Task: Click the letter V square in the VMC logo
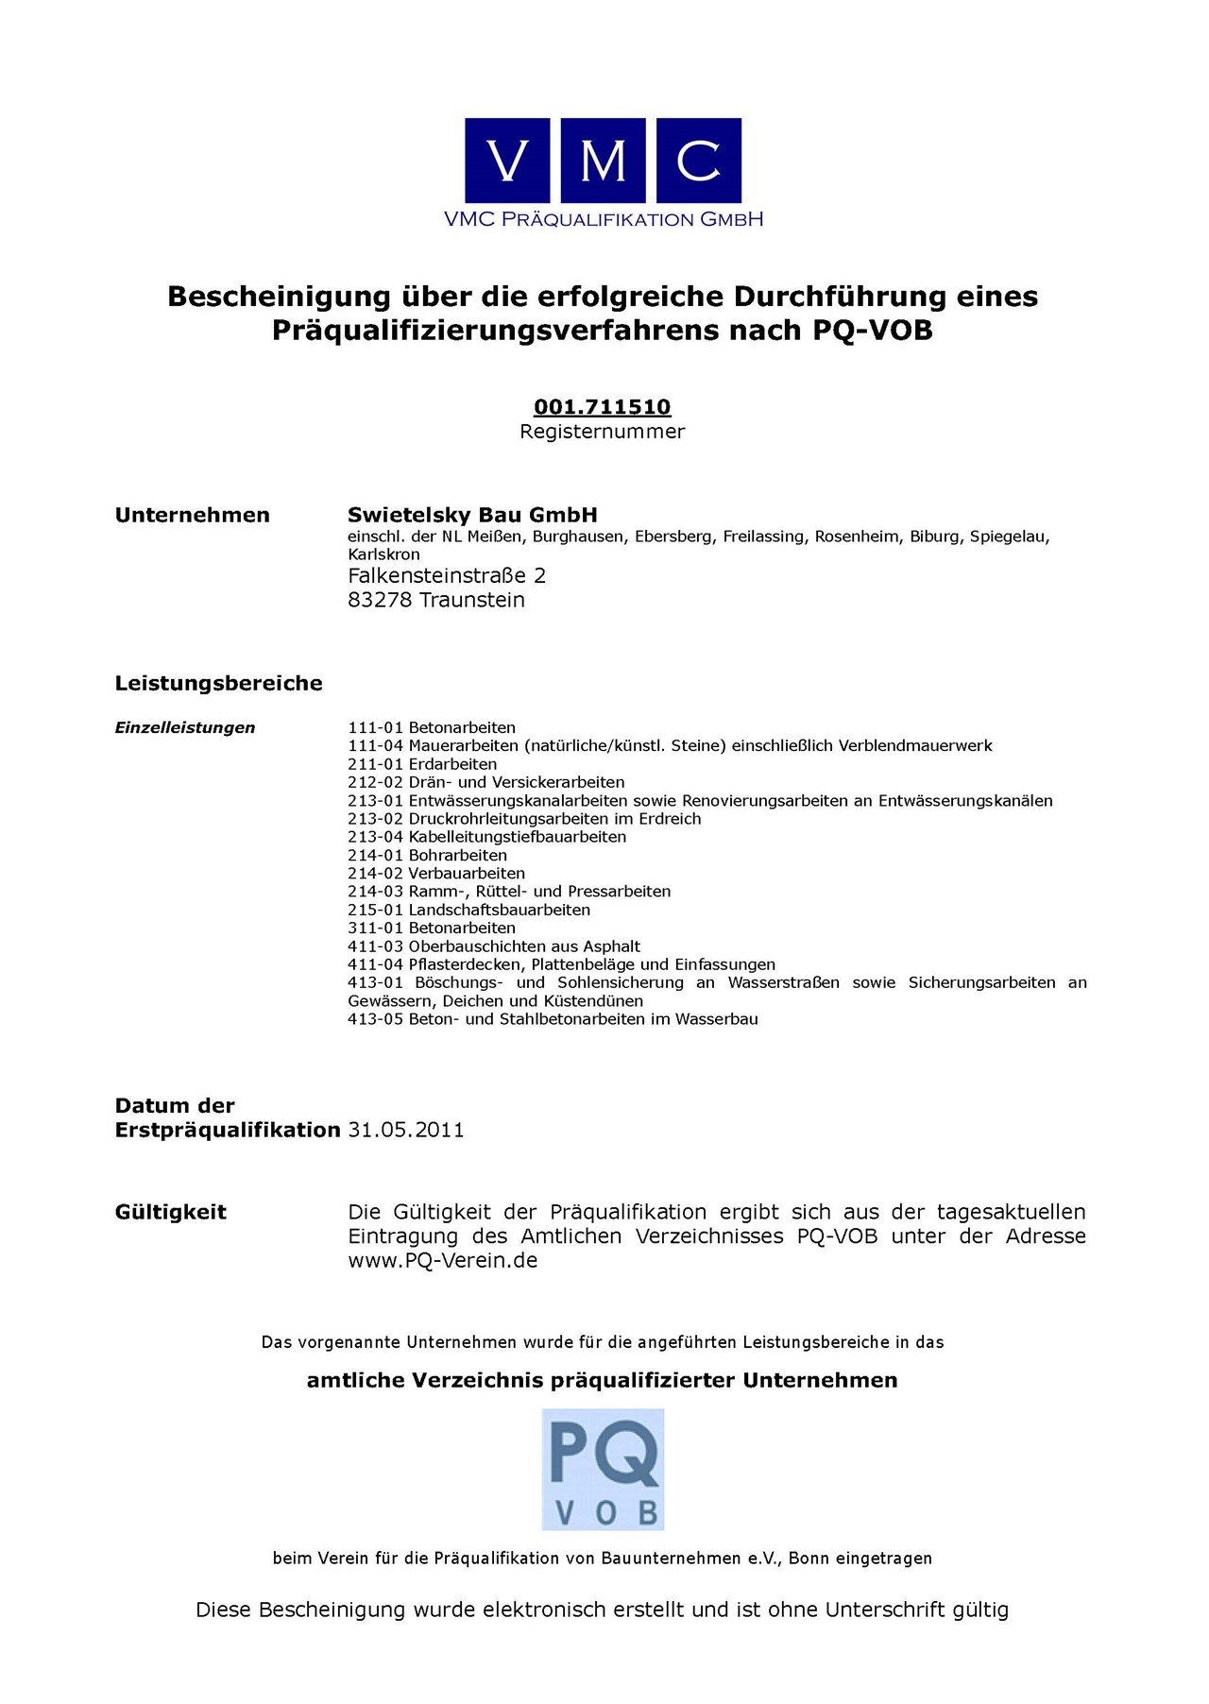tap(507, 161)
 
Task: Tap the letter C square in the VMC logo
tap(698, 161)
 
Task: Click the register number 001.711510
tap(603, 407)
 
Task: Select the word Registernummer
tap(603, 432)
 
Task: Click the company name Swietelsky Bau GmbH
tap(472, 515)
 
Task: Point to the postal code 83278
tap(380, 600)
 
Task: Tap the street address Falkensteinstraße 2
tap(447, 575)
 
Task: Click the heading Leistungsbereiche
tap(218, 683)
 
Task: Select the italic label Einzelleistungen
tap(185, 727)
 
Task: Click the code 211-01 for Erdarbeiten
tap(375, 764)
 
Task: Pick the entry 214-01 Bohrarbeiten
tap(427, 856)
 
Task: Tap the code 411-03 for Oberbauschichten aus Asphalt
tap(375, 946)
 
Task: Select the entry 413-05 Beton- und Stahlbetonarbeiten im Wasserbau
tap(553, 1019)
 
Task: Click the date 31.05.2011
tap(406, 1130)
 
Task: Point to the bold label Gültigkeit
tap(171, 1212)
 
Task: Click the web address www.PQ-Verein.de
tap(443, 1260)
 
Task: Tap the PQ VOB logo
tap(603, 1469)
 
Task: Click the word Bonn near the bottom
tap(809, 1559)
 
